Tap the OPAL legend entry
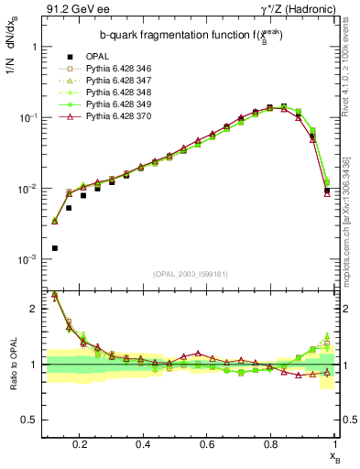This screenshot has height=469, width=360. [x=96, y=57]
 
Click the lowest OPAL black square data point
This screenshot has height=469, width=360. [x=55, y=248]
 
